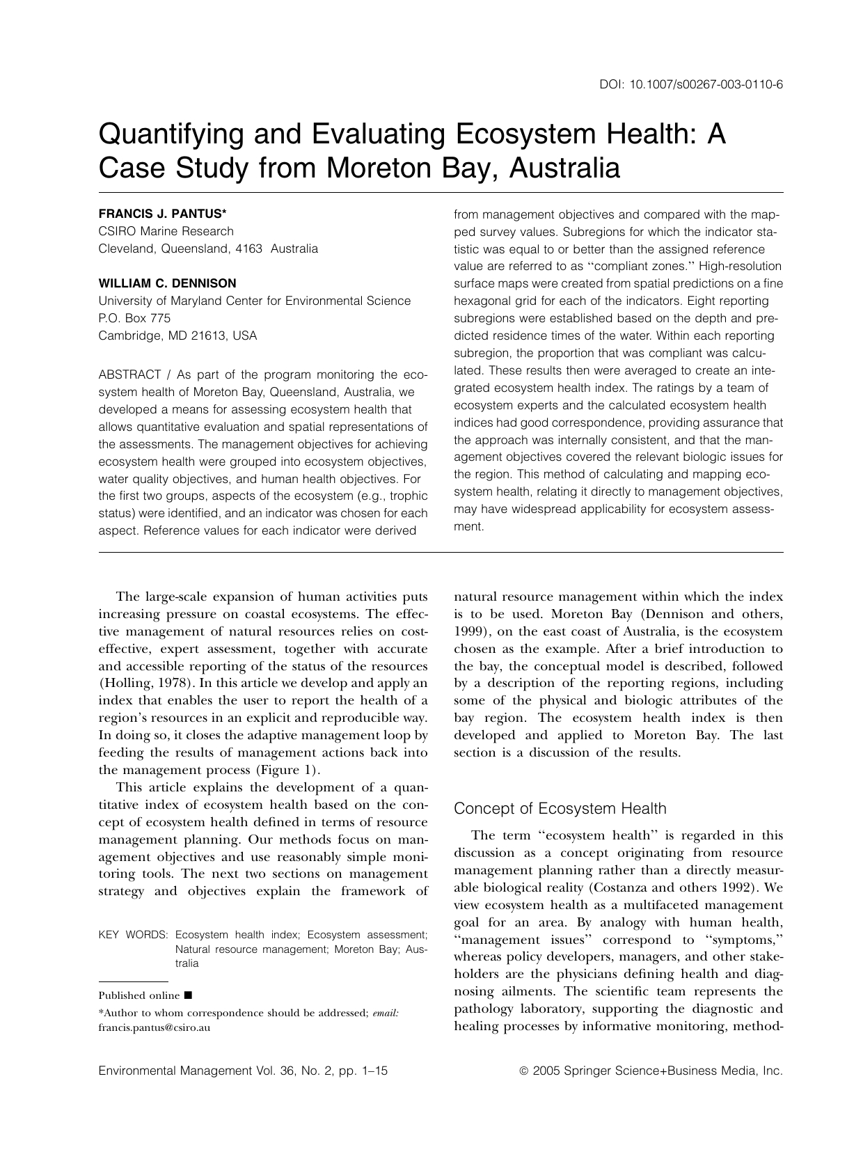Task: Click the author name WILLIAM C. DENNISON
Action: pos(167,283)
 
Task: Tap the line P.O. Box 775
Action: pos(134,318)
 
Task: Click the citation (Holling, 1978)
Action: pos(145,684)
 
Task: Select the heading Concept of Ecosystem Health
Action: pos(560,809)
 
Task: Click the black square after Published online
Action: pos(189,995)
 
